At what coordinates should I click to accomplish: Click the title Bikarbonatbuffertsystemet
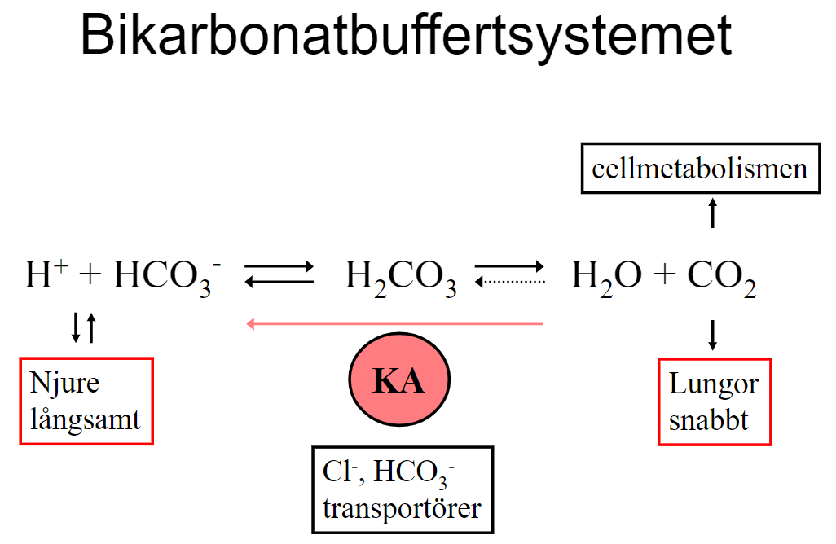tap(407, 37)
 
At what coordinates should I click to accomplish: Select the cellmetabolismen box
tap(700, 169)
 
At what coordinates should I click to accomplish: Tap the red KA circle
tap(399, 380)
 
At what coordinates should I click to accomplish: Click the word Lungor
tap(714, 384)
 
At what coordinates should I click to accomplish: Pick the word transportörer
tap(402, 508)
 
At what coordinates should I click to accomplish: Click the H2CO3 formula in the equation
tap(400, 279)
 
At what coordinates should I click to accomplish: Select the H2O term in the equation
tap(601, 278)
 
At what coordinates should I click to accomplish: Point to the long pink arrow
tap(395, 324)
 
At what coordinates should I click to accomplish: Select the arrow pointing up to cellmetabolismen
tap(713, 213)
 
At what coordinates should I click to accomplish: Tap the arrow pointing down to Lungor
tap(713, 335)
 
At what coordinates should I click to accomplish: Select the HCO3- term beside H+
tap(166, 278)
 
